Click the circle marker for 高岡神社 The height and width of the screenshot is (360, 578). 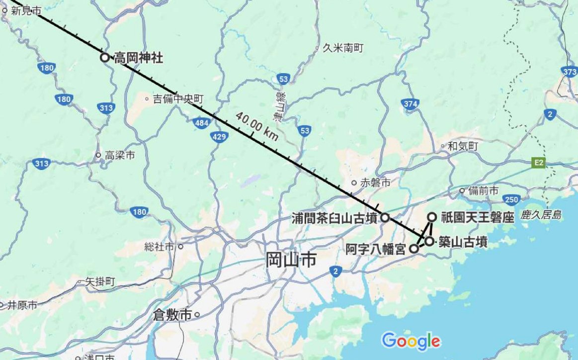[104, 57]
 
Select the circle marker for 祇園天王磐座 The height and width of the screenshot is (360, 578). [432, 217]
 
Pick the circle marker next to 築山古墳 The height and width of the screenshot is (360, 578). [429, 241]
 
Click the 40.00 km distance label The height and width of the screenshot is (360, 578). [256, 126]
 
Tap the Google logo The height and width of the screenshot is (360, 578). [411, 341]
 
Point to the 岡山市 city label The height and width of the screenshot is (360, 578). [291, 260]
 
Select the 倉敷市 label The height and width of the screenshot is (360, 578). [172, 315]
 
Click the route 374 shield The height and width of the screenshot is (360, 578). [410, 104]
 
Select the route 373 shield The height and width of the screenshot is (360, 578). [570, 72]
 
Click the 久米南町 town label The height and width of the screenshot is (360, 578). [343, 48]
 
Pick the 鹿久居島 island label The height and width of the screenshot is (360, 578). [541, 215]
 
